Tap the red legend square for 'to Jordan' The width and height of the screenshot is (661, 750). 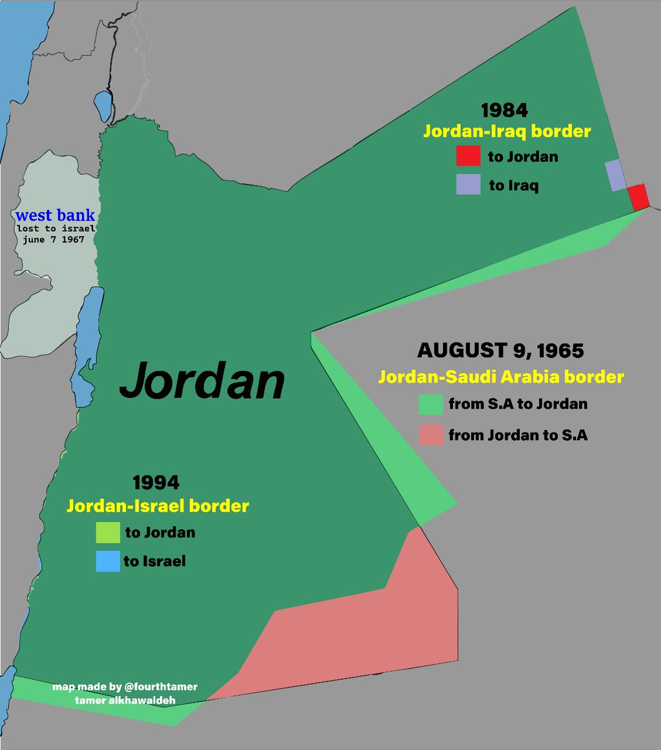coord(468,156)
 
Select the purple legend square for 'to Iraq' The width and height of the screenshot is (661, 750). coord(468,184)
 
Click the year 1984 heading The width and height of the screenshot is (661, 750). coord(504,111)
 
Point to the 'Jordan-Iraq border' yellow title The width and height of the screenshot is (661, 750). coord(507,132)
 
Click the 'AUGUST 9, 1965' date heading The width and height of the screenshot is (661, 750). coord(500,351)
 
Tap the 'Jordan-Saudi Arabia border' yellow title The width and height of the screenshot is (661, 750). coord(500,377)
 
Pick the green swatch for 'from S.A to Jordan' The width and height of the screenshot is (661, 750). coord(431,404)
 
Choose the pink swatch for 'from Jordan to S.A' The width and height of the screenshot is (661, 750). coord(431,435)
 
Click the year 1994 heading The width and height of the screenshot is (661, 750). coord(156,482)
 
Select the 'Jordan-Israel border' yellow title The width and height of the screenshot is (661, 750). coord(157,506)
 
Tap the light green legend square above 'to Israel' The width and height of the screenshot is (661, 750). coord(107,532)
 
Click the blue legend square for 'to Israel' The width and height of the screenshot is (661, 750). coord(107,561)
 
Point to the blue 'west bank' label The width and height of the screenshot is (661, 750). coord(56,216)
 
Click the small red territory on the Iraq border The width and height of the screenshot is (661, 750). coord(639,197)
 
